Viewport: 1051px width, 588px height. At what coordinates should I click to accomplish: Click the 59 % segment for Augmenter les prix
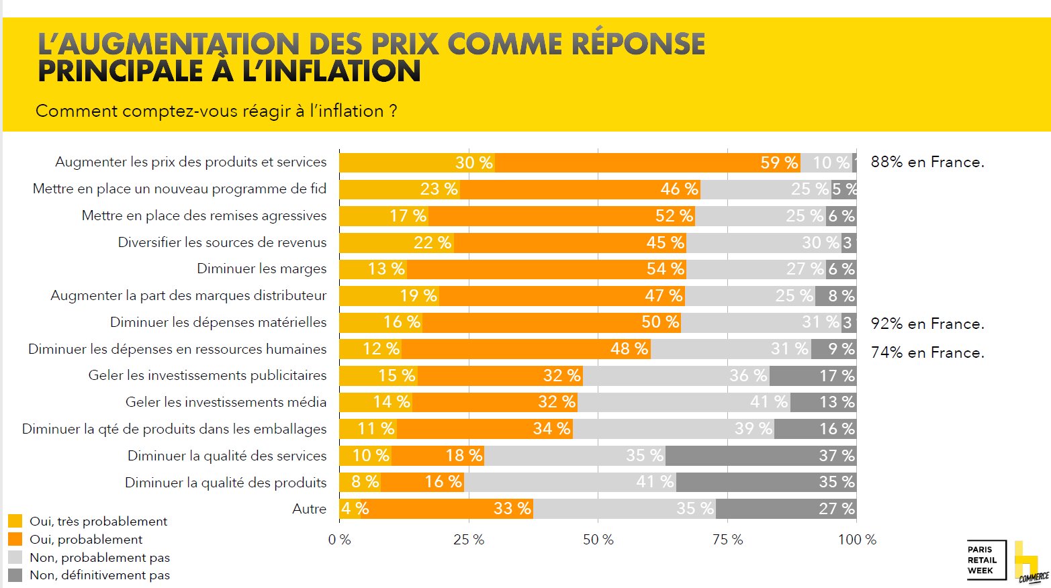coord(647,162)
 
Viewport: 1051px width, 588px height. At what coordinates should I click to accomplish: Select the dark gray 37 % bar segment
coord(760,456)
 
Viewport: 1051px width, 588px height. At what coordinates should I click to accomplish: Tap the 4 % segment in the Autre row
coord(350,509)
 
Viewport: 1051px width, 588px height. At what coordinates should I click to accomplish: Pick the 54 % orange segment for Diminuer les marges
coord(547,269)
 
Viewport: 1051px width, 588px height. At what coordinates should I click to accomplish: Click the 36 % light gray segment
coord(676,376)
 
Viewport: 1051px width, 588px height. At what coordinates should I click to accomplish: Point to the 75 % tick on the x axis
coord(727,540)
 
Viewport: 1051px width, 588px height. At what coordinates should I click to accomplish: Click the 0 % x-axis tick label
coord(339,540)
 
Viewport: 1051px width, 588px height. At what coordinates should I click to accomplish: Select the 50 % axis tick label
coord(598,540)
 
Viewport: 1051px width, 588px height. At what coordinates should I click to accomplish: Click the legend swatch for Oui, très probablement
coord(15,522)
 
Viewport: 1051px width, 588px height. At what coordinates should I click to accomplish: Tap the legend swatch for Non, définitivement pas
coord(15,575)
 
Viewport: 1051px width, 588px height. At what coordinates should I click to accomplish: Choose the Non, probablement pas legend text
coord(99,558)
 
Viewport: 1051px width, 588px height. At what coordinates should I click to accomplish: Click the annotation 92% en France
coord(927,324)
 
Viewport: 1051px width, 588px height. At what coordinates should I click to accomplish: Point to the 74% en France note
coord(927,352)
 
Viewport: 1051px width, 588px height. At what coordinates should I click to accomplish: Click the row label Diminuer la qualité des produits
coord(226,483)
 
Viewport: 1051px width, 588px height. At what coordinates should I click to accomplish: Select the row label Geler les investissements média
coord(226,402)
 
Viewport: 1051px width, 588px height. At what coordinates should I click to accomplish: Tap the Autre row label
coord(309,509)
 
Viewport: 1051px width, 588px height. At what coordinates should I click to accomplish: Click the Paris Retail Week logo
coord(986,560)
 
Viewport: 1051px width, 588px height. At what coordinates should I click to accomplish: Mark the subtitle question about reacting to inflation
coord(216,111)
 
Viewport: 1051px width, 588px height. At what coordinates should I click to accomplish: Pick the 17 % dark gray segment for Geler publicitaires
coord(813,376)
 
